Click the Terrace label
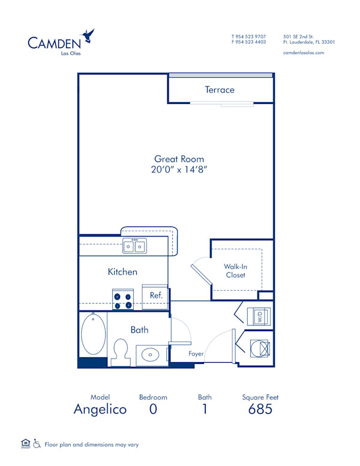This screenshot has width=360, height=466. point(220,90)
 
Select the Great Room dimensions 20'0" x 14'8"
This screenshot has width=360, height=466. point(179,170)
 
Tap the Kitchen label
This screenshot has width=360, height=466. point(122,272)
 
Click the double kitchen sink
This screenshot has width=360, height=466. point(134,246)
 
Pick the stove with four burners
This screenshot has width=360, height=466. point(122,300)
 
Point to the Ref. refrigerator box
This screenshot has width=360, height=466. point(156,296)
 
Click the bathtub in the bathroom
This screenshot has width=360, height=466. point(93,334)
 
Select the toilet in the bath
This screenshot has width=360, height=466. point(122,351)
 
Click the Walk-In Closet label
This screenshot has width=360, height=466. point(235,271)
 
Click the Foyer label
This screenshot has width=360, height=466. point(196,354)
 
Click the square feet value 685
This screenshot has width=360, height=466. point(260,410)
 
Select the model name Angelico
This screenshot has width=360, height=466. point(100,410)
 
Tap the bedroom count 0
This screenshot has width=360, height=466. point(153,410)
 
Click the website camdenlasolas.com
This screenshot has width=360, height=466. point(304,53)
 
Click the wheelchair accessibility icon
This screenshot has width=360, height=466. point(37,444)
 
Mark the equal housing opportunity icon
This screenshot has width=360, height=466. point(25,444)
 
